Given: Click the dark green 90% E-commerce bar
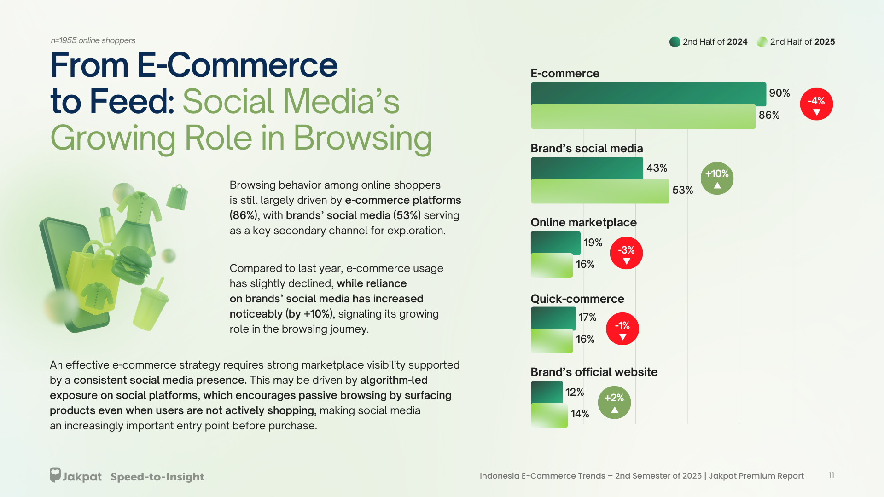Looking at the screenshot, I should [648, 93].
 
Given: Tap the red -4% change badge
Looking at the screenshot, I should [816, 104].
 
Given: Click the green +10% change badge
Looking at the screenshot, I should [717, 178].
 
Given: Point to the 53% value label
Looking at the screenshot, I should [682, 191].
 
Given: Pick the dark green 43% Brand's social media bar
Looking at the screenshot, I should [587, 168].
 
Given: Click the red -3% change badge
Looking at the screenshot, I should [626, 253].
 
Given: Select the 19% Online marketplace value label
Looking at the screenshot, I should [593, 243].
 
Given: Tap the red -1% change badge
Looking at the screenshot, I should [622, 329].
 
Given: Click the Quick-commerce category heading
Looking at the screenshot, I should [577, 299].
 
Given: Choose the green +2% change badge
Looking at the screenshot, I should [614, 403].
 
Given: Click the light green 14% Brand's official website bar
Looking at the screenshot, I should [549, 415].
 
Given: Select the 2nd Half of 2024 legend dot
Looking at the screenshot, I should [675, 42].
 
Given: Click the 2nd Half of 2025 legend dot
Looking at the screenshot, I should [762, 42].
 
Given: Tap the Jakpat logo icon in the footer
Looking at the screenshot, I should [55, 475].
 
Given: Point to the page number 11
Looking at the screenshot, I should [832, 475].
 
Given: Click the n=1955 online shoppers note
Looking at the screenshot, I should [93, 40].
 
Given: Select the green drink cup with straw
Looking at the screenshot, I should [150, 306].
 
